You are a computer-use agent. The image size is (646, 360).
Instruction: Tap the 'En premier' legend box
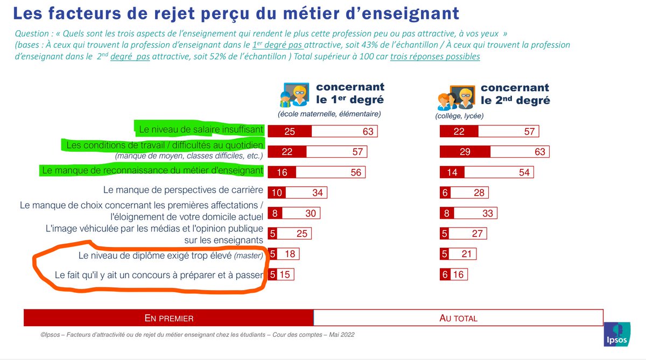tap(168, 317)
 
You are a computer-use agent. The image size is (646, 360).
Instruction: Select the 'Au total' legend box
tap(458, 317)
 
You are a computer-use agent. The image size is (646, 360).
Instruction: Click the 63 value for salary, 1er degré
tap(368, 131)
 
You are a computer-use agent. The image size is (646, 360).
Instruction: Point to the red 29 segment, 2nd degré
tap(465, 152)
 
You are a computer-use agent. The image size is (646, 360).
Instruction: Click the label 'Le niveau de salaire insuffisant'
tap(201, 129)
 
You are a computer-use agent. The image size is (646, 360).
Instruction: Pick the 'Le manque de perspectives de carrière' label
tap(182, 189)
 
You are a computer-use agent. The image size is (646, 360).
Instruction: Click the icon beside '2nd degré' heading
tap(455, 98)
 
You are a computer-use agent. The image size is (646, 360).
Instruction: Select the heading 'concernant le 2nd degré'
tap(515, 94)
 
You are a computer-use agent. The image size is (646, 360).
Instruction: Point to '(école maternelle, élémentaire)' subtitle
tap(329, 114)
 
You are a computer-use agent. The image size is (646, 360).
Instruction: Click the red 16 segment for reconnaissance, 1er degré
tap(282, 172)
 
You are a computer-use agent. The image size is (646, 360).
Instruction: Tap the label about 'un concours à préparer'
tap(159, 274)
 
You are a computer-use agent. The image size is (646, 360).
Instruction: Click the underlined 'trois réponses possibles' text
tap(435, 57)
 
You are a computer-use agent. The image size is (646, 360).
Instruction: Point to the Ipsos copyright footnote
tap(197, 334)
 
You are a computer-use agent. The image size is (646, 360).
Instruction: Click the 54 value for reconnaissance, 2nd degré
tap(523, 172)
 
